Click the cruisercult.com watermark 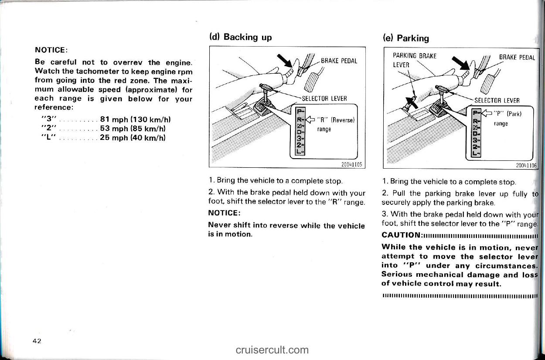tap(272, 350)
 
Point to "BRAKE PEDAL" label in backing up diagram tap(339, 61)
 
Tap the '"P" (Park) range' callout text tap(504, 119)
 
